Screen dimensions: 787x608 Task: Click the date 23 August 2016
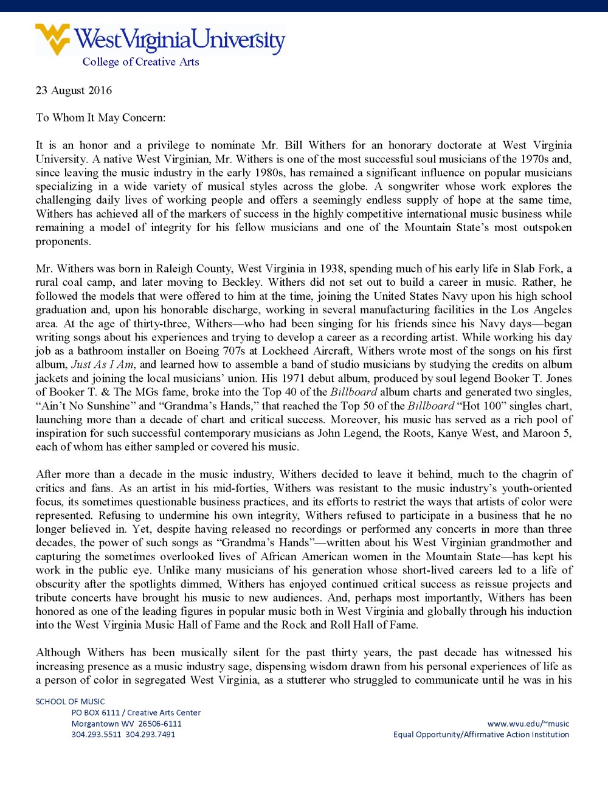(74, 91)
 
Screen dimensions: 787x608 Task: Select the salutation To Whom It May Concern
(100, 117)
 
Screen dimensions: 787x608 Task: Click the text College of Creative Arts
(140, 62)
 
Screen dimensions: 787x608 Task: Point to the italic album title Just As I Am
(102, 365)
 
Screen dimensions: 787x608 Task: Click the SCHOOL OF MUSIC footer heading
(70, 701)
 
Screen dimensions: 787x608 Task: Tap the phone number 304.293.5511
(96, 734)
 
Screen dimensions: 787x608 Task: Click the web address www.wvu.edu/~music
(528, 724)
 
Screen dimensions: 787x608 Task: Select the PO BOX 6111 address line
(136, 712)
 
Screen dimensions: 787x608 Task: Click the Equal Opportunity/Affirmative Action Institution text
(481, 734)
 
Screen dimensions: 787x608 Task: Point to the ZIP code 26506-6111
(160, 724)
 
